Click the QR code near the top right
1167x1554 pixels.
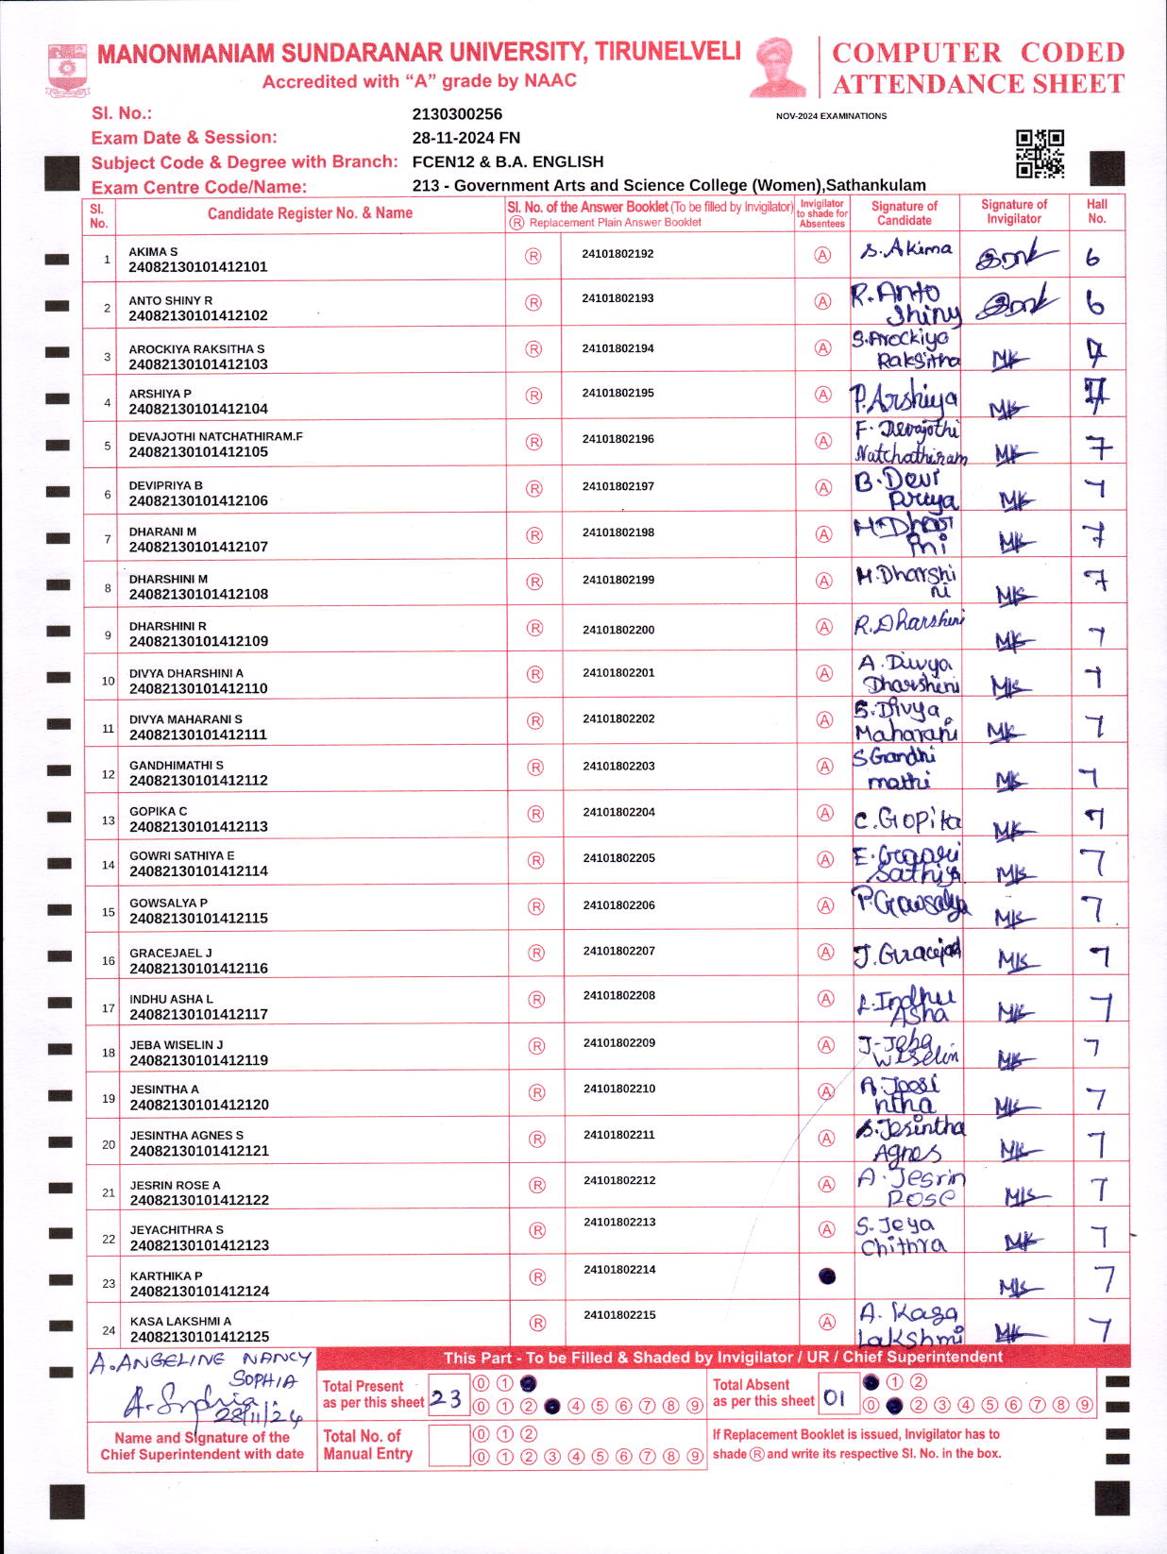point(1040,154)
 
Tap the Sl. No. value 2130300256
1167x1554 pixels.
point(457,114)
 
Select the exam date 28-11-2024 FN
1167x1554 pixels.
point(465,138)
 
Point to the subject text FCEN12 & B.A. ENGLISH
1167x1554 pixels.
point(507,161)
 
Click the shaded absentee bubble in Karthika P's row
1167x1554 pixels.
point(827,1276)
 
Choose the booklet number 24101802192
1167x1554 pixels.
point(617,254)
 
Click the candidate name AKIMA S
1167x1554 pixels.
point(153,252)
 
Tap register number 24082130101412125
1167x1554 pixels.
point(199,1337)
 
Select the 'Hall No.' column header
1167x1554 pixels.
point(1096,211)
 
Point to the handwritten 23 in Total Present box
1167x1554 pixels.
point(446,1398)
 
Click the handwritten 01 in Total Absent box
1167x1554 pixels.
point(834,1397)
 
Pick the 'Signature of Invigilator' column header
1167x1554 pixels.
point(1014,211)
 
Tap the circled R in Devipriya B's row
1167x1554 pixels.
point(534,489)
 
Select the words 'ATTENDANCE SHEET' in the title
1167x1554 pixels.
point(978,85)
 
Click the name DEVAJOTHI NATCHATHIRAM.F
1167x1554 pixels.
point(215,437)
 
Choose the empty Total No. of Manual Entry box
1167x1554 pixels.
point(448,1445)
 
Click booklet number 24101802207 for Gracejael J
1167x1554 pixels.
point(618,952)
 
